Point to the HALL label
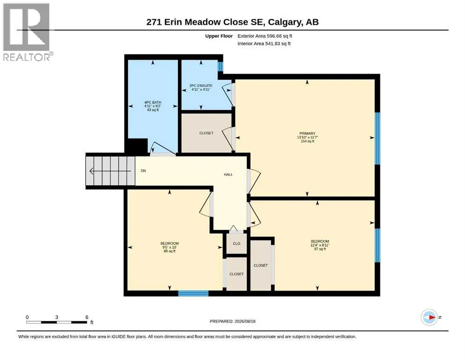click(x=229, y=174)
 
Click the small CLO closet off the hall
click(x=236, y=244)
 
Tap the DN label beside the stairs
click(x=143, y=171)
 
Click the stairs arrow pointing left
click(x=110, y=171)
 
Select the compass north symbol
click(x=429, y=317)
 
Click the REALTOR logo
click(x=27, y=32)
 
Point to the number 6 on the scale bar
click(x=87, y=317)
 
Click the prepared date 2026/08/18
click(x=245, y=321)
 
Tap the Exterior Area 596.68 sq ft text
click(x=265, y=36)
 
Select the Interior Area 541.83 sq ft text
click(x=264, y=44)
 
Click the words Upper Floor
click(x=219, y=36)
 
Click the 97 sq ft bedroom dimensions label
click(x=320, y=245)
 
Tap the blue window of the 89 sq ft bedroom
click(x=193, y=293)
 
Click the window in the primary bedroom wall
click(x=377, y=138)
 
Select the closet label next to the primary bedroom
click(x=207, y=133)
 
